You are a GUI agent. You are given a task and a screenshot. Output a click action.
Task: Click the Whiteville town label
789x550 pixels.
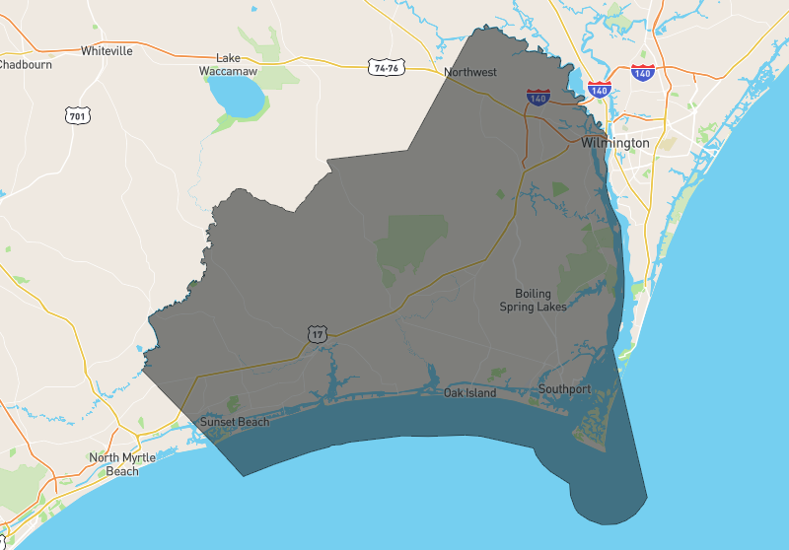[107, 50]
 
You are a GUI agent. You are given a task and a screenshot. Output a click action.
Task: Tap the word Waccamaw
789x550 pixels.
[228, 72]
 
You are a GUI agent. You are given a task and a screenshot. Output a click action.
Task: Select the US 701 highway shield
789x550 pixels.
[77, 116]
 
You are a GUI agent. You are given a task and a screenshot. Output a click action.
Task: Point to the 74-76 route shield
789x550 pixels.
[385, 68]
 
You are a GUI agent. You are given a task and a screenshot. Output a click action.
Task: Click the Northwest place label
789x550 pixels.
[470, 72]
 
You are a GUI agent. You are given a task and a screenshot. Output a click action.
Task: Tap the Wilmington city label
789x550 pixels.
[615, 143]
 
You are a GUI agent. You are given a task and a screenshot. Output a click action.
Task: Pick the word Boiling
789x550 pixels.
[534, 294]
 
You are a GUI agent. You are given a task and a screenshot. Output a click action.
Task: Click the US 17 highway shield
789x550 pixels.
[317, 334]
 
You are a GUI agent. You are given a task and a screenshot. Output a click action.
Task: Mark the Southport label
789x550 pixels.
[564, 389]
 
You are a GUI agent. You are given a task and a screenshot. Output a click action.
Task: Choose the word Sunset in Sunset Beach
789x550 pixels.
[218, 422]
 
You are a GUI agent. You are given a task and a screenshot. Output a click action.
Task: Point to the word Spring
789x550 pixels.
[521, 307]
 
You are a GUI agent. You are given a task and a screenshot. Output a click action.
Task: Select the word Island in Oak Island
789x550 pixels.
[481, 393]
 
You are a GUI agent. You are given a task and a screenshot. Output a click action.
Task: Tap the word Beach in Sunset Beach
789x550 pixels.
[253, 422]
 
